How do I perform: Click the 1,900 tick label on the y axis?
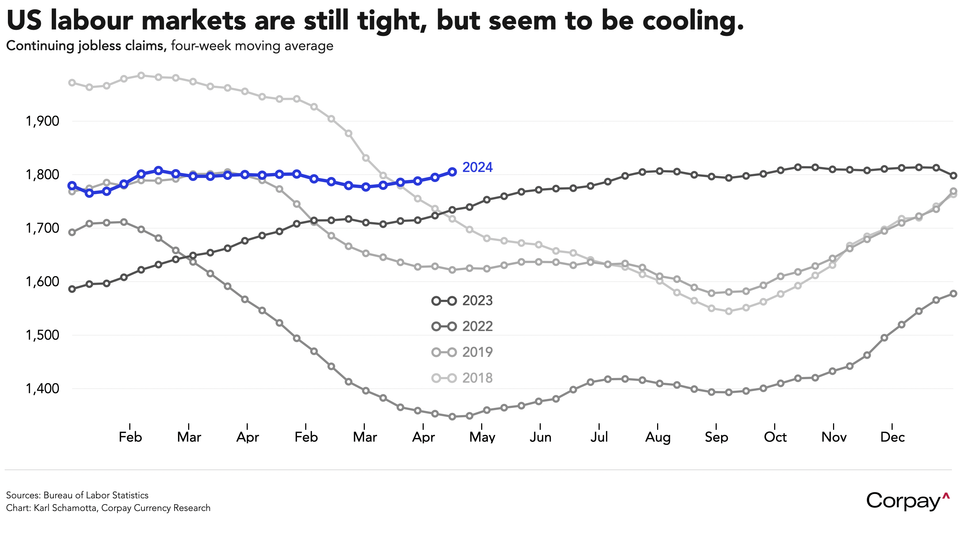(42, 121)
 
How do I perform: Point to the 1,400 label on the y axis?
(42, 389)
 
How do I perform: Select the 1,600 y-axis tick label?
(42, 282)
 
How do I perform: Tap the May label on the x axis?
(482, 437)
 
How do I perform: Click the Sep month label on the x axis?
(716, 437)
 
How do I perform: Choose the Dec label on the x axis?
(892, 437)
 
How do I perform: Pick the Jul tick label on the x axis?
(599, 437)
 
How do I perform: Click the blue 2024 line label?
(477, 168)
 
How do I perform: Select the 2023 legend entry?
(462, 301)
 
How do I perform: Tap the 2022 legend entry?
(462, 326)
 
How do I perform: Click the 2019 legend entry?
(462, 352)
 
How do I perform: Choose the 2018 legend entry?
(462, 378)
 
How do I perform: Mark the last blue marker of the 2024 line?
(452, 172)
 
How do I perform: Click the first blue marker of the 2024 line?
(72, 186)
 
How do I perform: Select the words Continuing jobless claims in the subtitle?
(86, 46)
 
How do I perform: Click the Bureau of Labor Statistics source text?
(96, 495)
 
